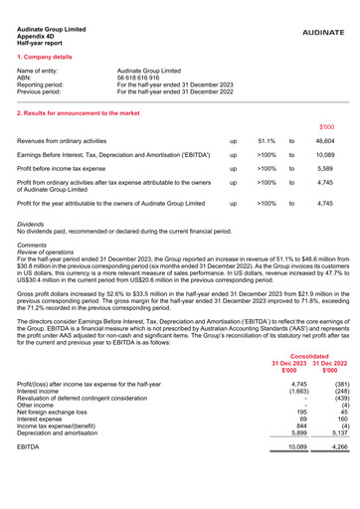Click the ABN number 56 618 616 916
coord(143,80)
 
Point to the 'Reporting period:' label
coord(45,86)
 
